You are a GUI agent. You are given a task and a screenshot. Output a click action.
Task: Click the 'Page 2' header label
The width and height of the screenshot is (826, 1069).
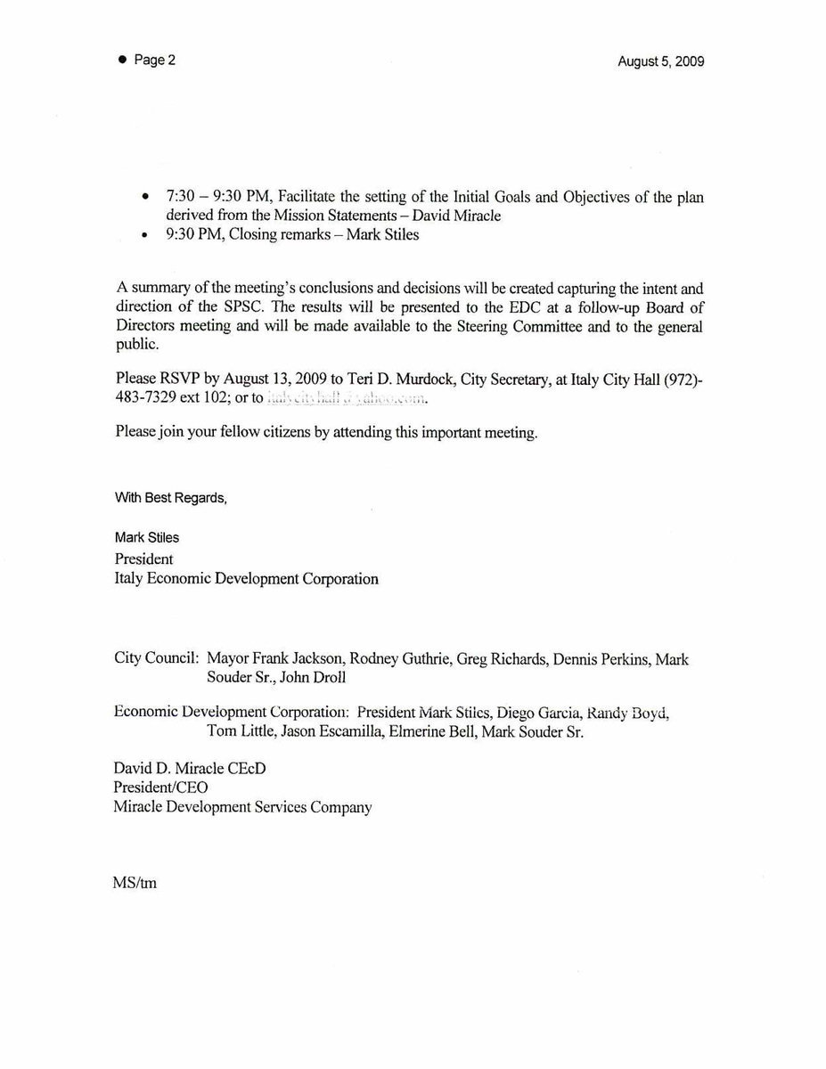coord(154,61)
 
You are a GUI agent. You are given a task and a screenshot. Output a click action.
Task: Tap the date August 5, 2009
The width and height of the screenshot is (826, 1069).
coord(660,62)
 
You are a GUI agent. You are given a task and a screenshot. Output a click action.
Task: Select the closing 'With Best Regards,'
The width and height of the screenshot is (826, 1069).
coord(170,498)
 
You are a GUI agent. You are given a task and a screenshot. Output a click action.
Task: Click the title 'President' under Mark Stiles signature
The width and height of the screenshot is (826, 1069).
coord(144,559)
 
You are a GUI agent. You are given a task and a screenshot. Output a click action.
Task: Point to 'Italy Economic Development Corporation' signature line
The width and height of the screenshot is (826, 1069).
coord(247,579)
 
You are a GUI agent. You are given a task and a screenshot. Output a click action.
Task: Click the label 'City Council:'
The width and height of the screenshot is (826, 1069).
coord(156,659)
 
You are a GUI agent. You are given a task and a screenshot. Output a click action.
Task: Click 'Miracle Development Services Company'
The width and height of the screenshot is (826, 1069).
coord(243,807)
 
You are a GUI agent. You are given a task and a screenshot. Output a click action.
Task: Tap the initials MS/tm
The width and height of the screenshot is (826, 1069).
coord(135,885)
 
